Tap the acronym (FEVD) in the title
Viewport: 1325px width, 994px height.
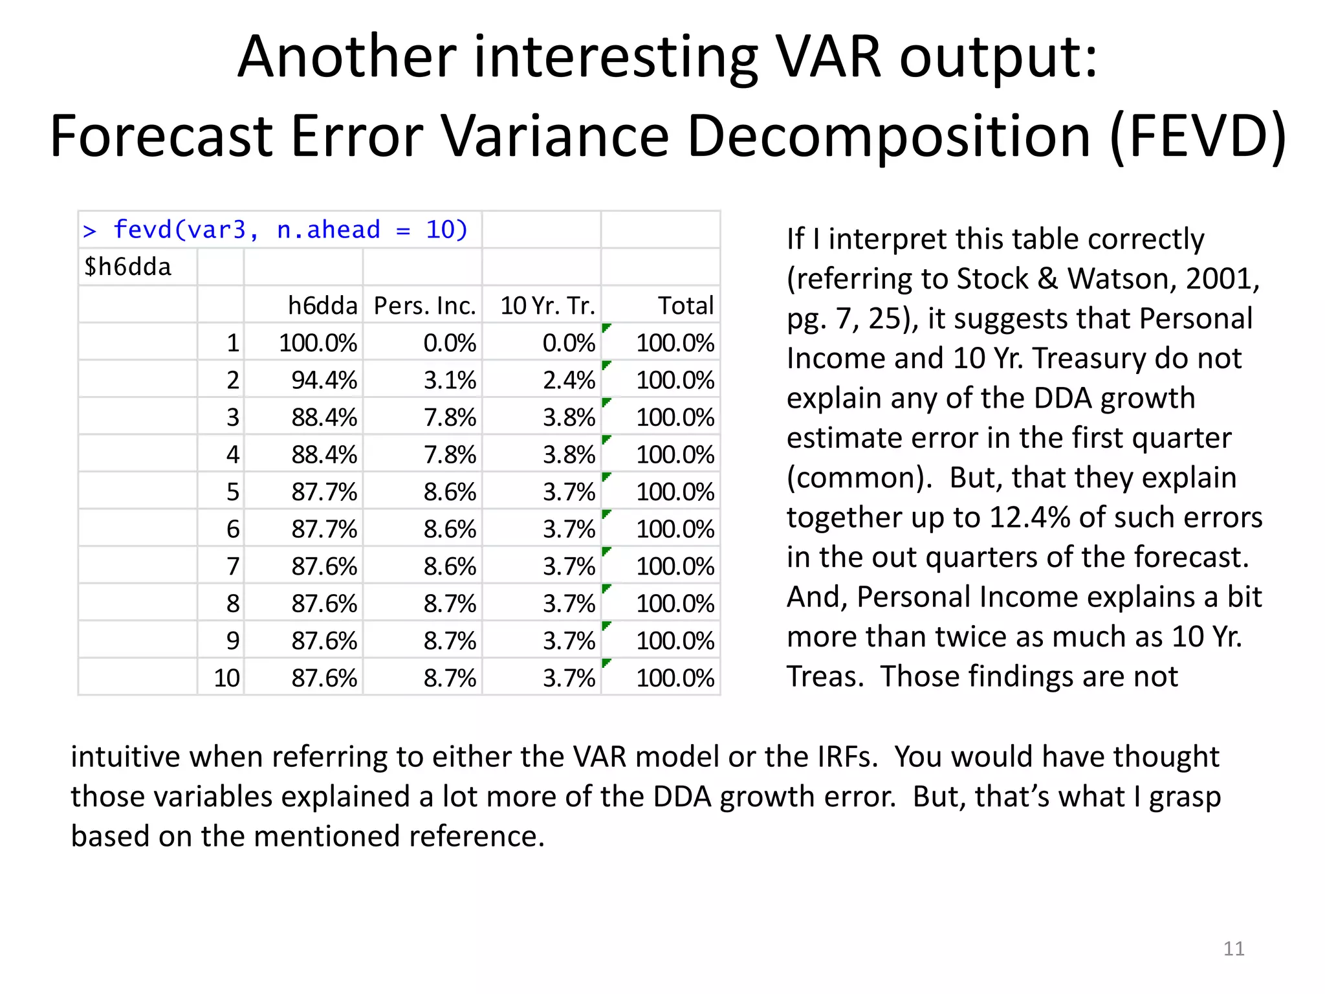point(1198,137)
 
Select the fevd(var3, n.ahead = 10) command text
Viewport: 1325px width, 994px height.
point(290,230)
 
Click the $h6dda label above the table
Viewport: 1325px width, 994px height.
point(127,267)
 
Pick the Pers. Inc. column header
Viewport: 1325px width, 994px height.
point(424,305)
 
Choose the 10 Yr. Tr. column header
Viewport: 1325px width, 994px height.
point(547,305)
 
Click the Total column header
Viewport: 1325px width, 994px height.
point(685,305)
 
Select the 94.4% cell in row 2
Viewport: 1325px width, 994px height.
point(323,380)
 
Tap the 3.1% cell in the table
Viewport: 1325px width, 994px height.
point(450,380)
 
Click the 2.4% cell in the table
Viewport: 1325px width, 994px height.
point(569,380)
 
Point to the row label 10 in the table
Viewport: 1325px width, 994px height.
point(226,678)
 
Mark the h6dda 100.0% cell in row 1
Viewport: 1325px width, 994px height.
point(318,342)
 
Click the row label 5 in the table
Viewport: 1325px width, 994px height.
point(233,492)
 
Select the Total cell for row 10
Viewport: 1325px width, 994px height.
point(675,678)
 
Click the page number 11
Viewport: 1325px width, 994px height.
point(1233,948)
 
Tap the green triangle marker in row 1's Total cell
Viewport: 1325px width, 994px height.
point(606,327)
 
